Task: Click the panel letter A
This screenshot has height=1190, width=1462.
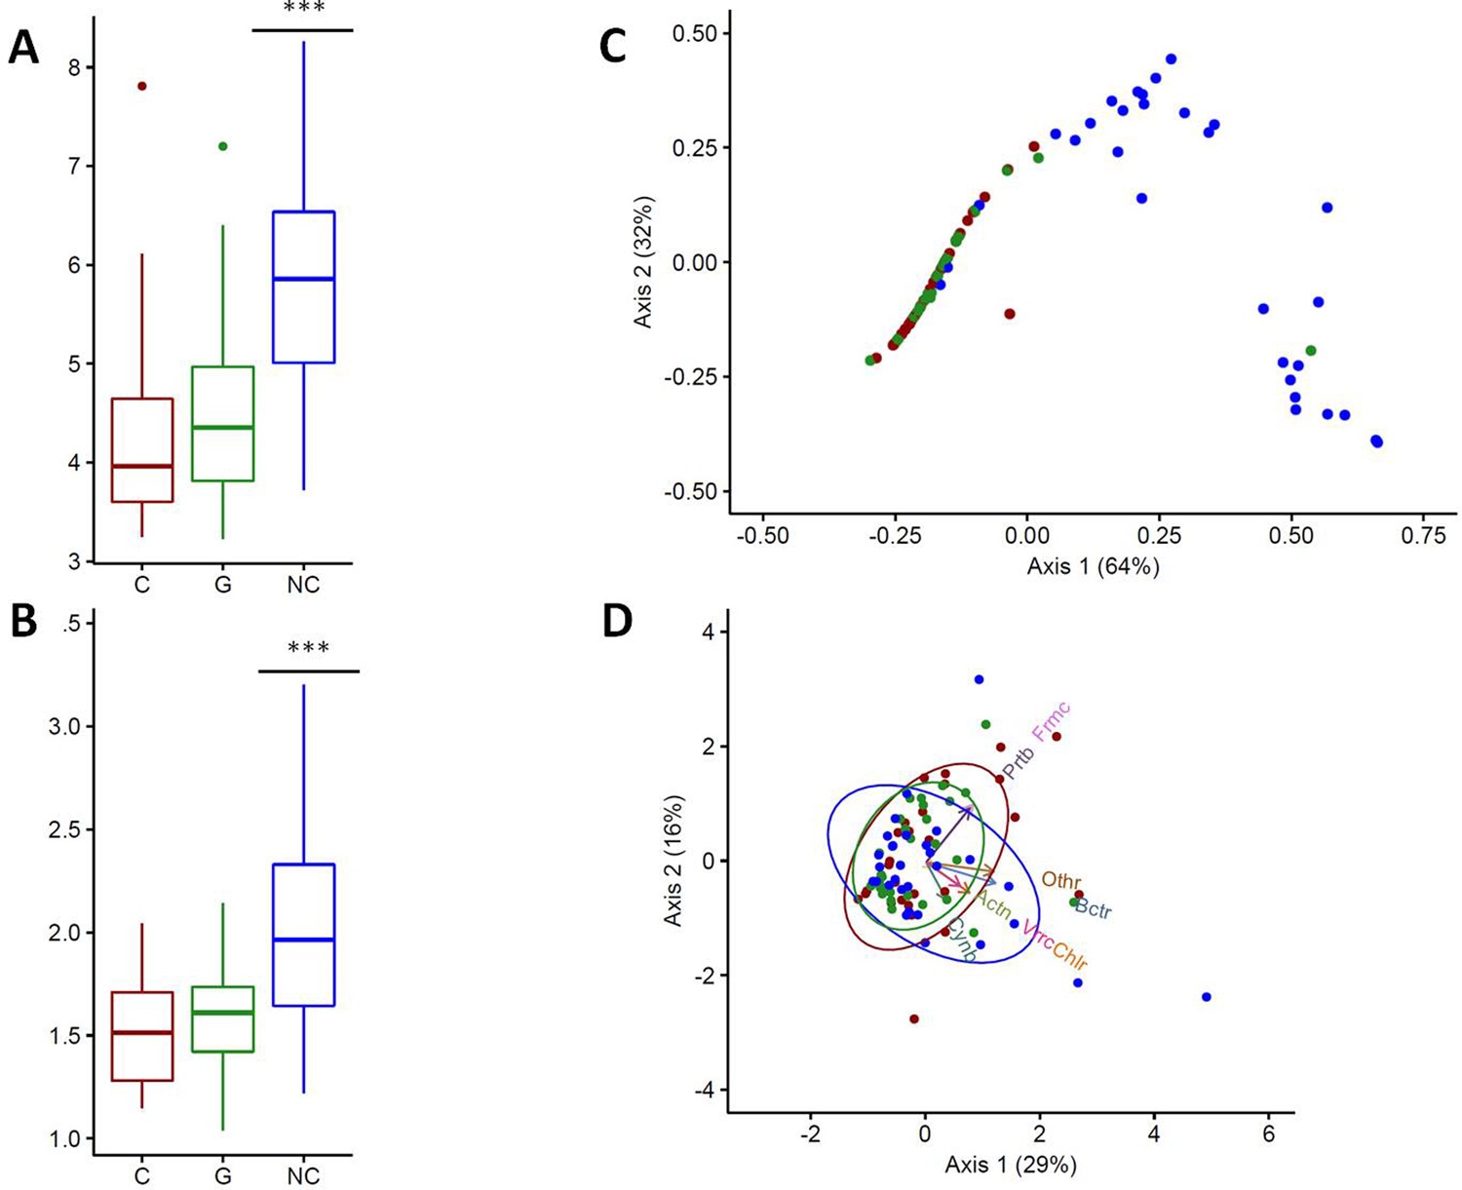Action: coord(23,48)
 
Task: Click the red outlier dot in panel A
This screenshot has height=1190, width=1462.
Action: coord(142,86)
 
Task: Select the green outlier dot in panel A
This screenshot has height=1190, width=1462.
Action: coord(223,146)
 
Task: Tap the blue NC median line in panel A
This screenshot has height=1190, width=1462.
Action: coord(303,279)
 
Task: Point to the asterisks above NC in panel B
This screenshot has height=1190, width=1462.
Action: coord(308,648)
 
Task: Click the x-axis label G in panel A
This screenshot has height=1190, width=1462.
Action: coord(223,586)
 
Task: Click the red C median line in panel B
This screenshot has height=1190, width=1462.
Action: coord(142,1032)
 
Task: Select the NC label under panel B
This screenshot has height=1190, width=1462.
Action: coord(303,1177)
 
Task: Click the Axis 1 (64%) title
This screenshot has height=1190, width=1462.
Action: coord(1093,566)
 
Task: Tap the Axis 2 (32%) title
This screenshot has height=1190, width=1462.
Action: coord(643,262)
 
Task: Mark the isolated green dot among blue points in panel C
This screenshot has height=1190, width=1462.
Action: coord(1311,351)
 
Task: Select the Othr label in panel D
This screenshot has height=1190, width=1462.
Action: coord(1061,880)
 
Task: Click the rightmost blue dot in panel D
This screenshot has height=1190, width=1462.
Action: coord(1207,997)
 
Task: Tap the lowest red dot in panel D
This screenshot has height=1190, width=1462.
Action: coord(914,1018)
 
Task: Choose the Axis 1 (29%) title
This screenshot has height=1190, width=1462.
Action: coord(1011,1165)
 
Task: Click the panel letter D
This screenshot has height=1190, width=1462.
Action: coord(618,622)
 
